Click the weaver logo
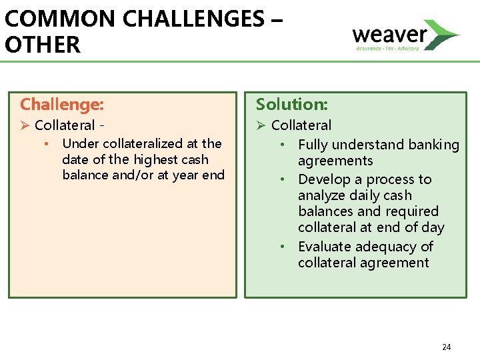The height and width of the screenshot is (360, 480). [405, 35]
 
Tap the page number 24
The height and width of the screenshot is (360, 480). [447, 347]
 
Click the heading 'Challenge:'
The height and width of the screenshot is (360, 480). [62, 104]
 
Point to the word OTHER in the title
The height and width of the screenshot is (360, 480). [42, 45]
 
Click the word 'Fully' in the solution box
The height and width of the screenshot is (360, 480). [313, 145]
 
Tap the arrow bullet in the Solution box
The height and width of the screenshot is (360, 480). [261, 125]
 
